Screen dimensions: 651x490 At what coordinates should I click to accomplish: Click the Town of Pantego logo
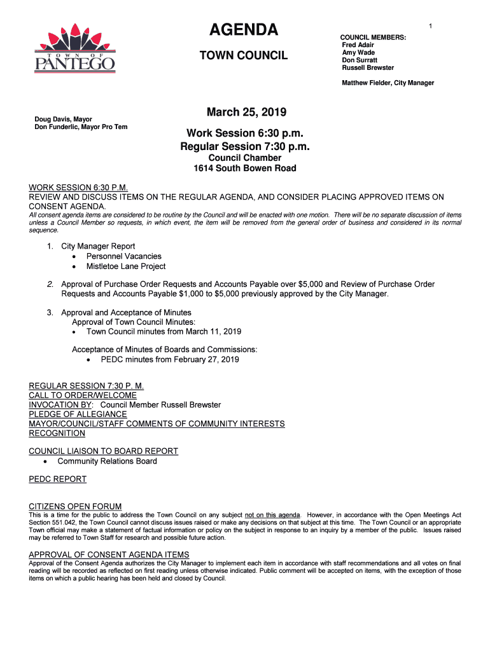point(74,48)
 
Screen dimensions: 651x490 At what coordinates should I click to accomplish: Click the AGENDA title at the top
point(244,30)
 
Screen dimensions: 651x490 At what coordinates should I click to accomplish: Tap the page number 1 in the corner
point(430,25)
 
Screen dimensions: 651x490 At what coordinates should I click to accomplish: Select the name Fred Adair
point(358,45)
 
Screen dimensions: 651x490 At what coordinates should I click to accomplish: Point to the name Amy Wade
point(358,53)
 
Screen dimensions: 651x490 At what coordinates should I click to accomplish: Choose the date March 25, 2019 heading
point(246,113)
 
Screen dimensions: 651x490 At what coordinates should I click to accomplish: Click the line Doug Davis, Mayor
point(64,119)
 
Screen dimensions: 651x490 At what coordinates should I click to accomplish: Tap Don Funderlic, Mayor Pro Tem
point(81,127)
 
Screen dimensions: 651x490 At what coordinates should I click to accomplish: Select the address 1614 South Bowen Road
point(245,168)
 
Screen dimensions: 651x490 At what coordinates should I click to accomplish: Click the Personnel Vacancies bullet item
point(124,256)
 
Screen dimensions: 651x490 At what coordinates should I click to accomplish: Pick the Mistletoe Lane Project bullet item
point(126,266)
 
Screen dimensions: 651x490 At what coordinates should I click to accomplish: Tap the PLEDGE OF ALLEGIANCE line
point(78,414)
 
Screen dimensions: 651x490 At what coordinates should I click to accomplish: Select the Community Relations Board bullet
point(107,461)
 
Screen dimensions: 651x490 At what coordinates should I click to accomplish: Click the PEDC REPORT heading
point(58,479)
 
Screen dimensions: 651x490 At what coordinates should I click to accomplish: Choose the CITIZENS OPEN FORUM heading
point(75,506)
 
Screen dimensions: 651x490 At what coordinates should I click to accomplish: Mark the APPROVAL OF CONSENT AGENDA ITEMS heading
point(109,554)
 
